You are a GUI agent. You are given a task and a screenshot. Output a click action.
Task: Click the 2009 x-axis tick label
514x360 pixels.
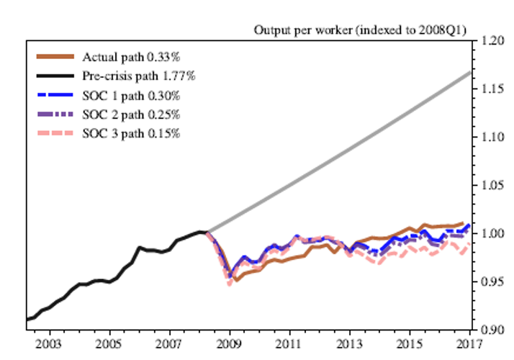coord(230,343)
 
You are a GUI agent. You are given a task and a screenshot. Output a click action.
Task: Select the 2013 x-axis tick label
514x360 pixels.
coord(350,343)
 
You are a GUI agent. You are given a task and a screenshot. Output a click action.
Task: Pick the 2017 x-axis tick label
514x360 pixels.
coord(471,343)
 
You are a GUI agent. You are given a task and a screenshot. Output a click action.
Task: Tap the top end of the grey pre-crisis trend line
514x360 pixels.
coord(470,73)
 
